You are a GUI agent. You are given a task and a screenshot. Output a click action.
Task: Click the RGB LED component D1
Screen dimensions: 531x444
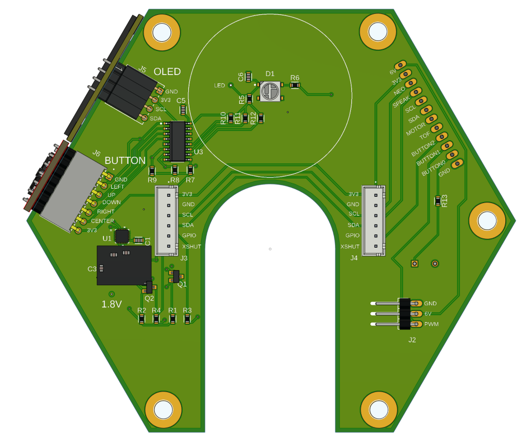click(271, 91)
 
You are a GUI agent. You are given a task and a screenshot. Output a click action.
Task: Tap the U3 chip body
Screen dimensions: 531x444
click(178, 141)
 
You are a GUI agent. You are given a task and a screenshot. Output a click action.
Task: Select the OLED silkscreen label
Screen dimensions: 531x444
click(167, 72)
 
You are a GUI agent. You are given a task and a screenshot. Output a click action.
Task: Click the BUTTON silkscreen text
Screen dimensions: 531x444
click(125, 160)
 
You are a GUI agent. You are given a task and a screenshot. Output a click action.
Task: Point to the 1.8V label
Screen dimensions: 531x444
click(112, 304)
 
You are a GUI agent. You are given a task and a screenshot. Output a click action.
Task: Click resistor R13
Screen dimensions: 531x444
click(438, 201)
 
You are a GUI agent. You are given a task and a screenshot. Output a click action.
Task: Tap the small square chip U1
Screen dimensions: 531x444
click(122, 236)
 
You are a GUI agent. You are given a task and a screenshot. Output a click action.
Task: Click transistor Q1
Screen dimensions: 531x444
click(175, 276)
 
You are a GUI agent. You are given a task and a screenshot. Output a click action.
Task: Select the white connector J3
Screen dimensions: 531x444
click(167, 220)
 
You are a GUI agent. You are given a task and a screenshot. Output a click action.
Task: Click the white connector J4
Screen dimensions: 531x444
click(374, 220)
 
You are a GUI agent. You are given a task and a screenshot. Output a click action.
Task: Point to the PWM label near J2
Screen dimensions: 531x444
click(431, 324)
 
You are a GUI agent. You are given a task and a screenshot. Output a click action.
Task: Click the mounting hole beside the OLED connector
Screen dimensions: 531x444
click(162, 32)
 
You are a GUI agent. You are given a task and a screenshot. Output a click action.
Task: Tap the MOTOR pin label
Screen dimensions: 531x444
click(416, 129)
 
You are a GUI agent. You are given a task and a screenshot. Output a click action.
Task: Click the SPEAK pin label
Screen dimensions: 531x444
click(401, 101)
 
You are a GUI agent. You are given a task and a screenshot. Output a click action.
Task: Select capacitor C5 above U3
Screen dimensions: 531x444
click(183, 110)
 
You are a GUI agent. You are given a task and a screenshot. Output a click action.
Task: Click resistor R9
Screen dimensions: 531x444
click(152, 171)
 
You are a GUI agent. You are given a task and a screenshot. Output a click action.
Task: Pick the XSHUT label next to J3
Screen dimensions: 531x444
click(192, 247)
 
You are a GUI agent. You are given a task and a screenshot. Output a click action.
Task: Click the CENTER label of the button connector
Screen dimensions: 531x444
click(102, 221)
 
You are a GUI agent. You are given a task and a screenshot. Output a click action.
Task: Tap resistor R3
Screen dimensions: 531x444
click(187, 319)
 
